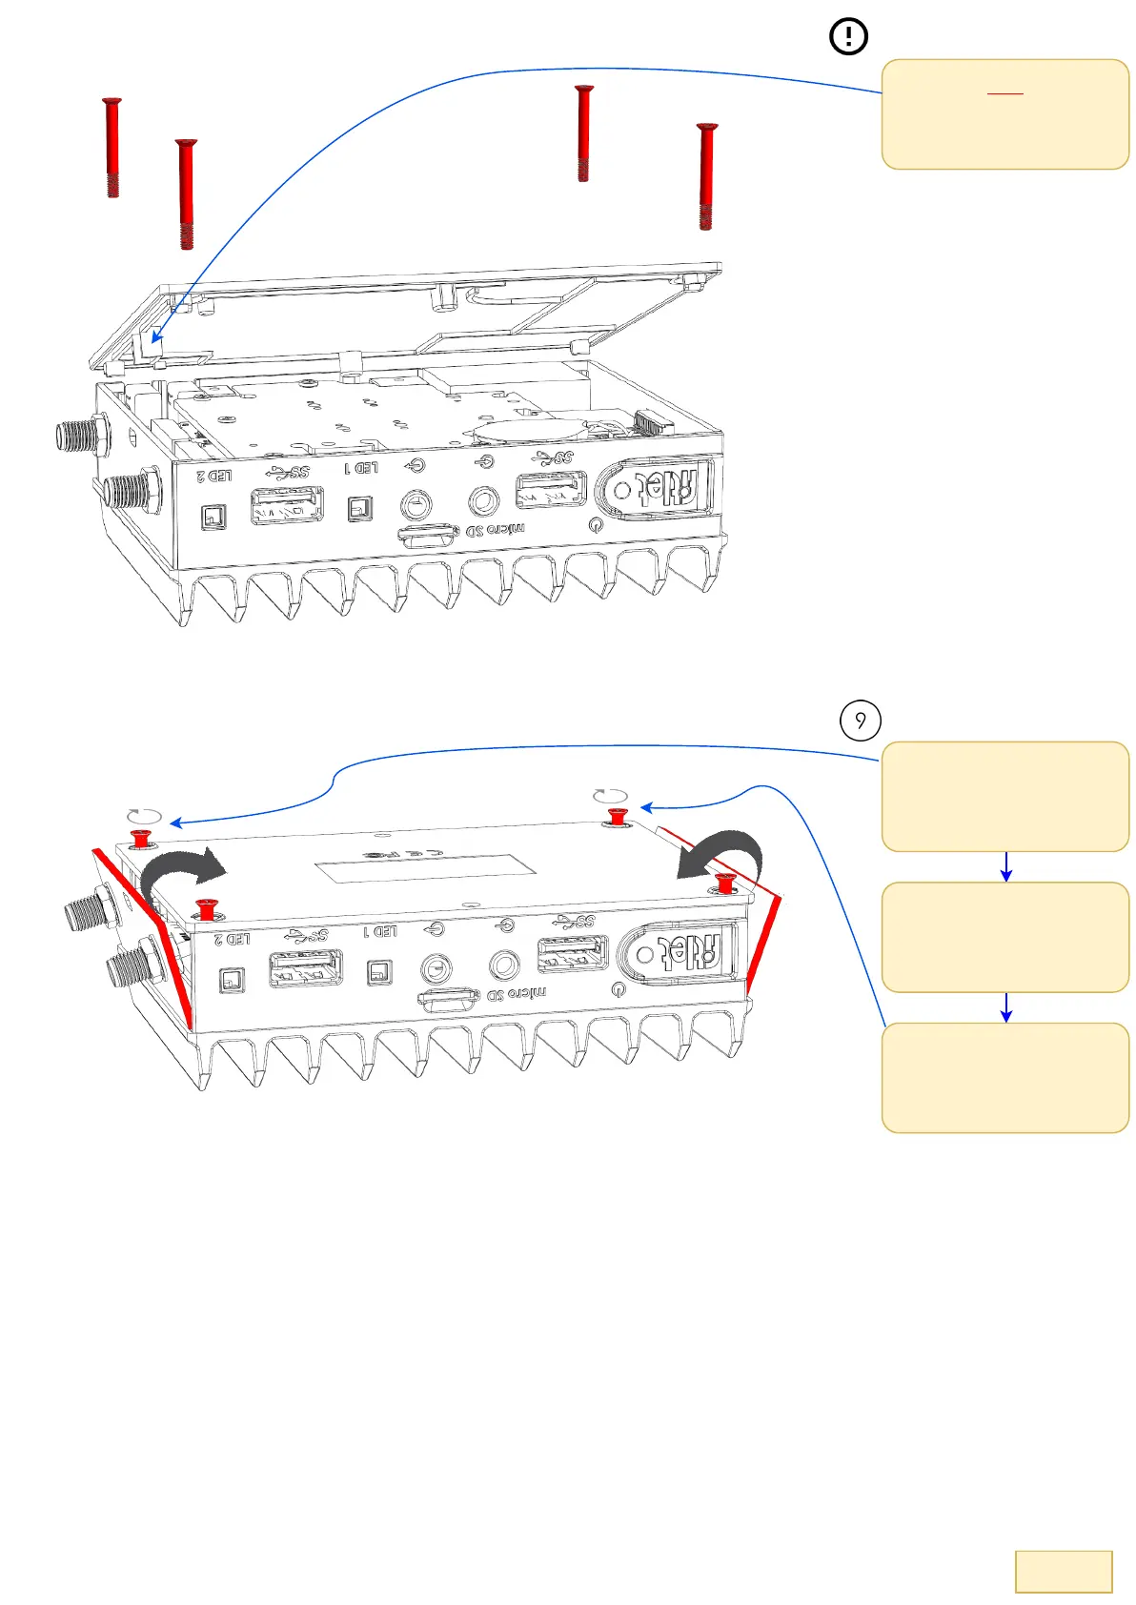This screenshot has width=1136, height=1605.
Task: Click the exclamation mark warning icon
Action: (848, 37)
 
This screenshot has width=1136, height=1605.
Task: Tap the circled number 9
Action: (860, 721)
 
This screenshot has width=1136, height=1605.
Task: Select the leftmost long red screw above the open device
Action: (112, 147)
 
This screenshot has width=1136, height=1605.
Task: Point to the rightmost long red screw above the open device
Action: (705, 176)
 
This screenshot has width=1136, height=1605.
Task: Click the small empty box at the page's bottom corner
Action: (1064, 1572)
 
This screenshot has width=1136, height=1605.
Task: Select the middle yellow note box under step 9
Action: (1005, 937)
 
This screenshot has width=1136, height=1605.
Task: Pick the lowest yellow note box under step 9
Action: (1005, 1078)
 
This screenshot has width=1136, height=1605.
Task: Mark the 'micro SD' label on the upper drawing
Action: (496, 530)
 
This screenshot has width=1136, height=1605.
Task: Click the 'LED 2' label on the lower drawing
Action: (233, 939)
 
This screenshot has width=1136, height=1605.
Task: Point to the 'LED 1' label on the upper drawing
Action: (361, 468)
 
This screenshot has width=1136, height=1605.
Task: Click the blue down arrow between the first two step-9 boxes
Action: (1005, 867)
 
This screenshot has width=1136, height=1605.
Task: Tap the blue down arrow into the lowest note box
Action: (1005, 1008)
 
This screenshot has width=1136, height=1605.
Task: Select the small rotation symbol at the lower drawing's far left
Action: (145, 817)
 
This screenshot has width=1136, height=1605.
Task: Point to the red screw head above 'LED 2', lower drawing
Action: (206, 908)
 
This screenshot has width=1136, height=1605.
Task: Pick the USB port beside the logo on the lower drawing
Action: (573, 954)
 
